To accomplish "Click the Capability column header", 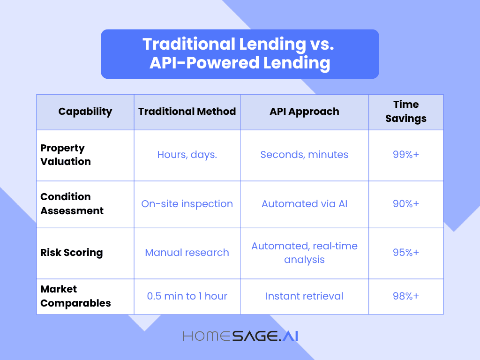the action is pos(85,112).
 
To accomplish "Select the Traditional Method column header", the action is pos(187,112).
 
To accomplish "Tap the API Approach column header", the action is pos(304,112).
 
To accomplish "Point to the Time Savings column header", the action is pos(406,111).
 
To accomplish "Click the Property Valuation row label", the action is pos(66,155).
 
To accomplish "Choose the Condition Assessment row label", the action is pos(72,203).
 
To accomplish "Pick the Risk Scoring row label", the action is pos(72,253).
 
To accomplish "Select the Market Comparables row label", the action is pos(75,296).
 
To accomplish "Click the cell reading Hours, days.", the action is pos(187,155).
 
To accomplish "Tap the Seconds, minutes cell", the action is pos(304,155).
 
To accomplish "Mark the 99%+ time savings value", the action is pos(406,154).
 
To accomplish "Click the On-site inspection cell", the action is pos(187,204).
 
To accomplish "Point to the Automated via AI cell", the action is pos(304,203).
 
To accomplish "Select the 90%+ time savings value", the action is pos(406,203).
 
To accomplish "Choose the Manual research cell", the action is pos(187,253).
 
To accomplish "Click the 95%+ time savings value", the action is pos(406,252).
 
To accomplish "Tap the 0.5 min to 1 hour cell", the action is pos(187,296).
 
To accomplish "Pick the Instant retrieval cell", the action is pos(304,296).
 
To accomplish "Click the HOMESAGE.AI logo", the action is pos(240,336).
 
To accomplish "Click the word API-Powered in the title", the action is pos(204,63).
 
